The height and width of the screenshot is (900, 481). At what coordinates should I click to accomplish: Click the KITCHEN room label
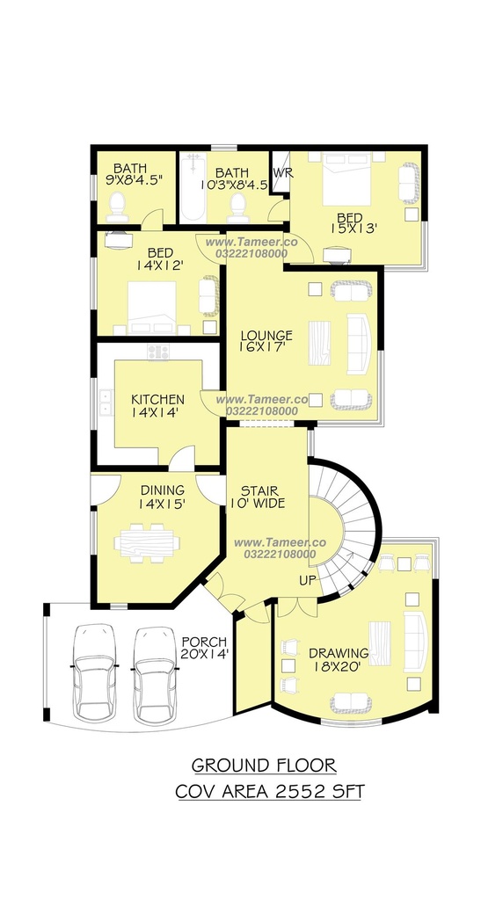(x=158, y=399)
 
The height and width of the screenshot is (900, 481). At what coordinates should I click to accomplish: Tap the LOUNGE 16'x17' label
(x=266, y=340)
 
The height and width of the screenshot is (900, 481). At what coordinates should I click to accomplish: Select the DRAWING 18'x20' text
(x=339, y=659)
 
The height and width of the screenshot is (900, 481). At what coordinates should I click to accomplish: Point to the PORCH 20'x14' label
(x=205, y=648)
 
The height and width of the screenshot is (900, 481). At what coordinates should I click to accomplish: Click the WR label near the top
(x=282, y=173)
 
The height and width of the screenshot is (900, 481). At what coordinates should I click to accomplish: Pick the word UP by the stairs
(x=307, y=581)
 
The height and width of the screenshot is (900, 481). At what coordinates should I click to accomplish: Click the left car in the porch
(x=95, y=671)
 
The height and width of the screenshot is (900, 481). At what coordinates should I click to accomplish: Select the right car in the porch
(x=155, y=675)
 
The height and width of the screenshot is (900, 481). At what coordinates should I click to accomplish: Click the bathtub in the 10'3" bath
(x=193, y=188)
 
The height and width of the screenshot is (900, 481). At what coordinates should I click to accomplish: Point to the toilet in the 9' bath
(x=118, y=207)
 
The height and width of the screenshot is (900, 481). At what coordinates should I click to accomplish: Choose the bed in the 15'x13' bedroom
(x=347, y=178)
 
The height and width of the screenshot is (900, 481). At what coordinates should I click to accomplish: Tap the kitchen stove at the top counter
(x=158, y=352)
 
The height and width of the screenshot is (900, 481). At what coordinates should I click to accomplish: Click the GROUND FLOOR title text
(x=264, y=766)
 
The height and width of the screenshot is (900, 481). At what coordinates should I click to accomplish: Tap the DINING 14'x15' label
(x=163, y=497)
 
